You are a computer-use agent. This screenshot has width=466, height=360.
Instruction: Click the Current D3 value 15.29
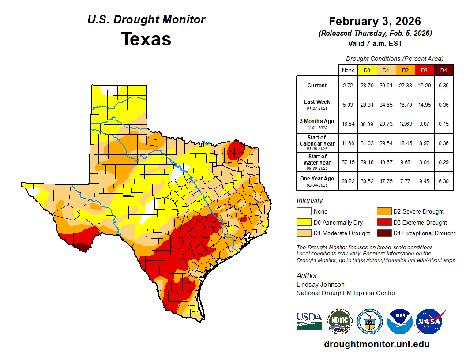point(424,86)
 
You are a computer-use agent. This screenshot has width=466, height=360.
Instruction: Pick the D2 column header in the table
point(405,71)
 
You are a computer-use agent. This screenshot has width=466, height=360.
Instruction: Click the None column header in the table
point(348,71)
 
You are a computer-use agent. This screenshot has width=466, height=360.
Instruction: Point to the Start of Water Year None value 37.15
point(348,162)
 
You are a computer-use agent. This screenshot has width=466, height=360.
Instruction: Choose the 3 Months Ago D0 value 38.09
point(367,124)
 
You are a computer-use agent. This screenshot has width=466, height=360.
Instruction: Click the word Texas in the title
point(146,39)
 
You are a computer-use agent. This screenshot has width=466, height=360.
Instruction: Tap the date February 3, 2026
point(375,21)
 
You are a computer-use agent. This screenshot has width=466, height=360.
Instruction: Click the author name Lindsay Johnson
point(320,285)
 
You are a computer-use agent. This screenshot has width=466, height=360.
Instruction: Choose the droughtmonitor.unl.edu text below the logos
point(376,344)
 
